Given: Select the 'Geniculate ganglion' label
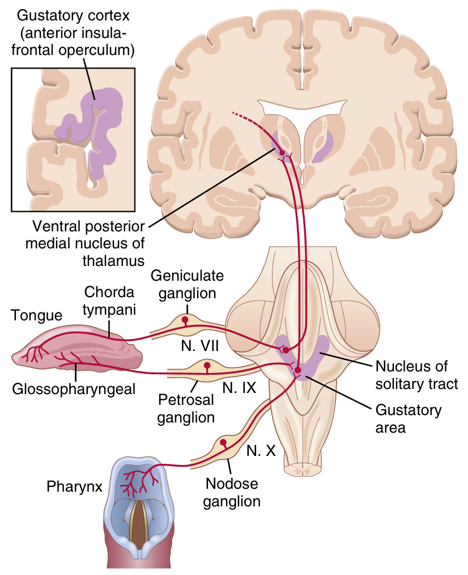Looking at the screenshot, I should coord(187,285).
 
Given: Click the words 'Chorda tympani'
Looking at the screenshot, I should coord(109,301).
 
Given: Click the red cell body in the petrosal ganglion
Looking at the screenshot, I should coord(207,365).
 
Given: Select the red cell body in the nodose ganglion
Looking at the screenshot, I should coord(224,442).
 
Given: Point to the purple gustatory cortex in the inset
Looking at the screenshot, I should coord(96,125).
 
